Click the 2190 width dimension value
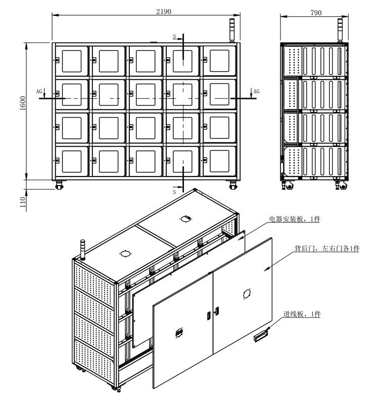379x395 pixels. pos(164,12)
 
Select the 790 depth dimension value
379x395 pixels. pos(316,13)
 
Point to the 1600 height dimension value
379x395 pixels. pos(23,103)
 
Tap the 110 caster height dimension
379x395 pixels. pos(23,202)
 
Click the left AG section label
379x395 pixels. pos(39,91)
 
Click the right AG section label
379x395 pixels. pos(256,91)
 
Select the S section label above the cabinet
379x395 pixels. pos(174,36)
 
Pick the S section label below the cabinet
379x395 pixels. pos(174,192)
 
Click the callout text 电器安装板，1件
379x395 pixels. pos(295,219)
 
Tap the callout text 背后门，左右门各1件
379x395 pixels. pos(327,248)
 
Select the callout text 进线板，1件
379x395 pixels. pos(302,314)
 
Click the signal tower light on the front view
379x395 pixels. pos(231,30)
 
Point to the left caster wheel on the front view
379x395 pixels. pos(59,185)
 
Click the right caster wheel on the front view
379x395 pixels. pos(233,185)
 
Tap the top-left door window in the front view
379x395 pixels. pos(72,61)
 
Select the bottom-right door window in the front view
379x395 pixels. pos(219,161)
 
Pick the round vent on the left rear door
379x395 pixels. pos(179,333)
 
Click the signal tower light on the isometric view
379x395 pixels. pos(82,250)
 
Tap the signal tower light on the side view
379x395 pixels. pos(340,30)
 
